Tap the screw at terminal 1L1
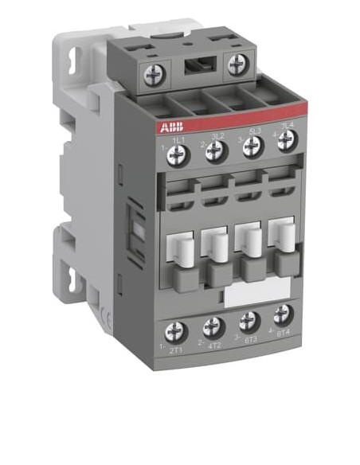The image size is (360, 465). click(x=178, y=156)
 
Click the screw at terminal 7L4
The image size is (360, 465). click(x=287, y=140)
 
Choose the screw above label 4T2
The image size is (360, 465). click(x=213, y=326)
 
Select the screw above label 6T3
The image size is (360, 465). click(x=248, y=320)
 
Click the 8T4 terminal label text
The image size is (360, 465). click(x=283, y=334)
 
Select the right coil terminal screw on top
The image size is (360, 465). click(x=237, y=64)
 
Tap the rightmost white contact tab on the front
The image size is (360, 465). click(x=283, y=232)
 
